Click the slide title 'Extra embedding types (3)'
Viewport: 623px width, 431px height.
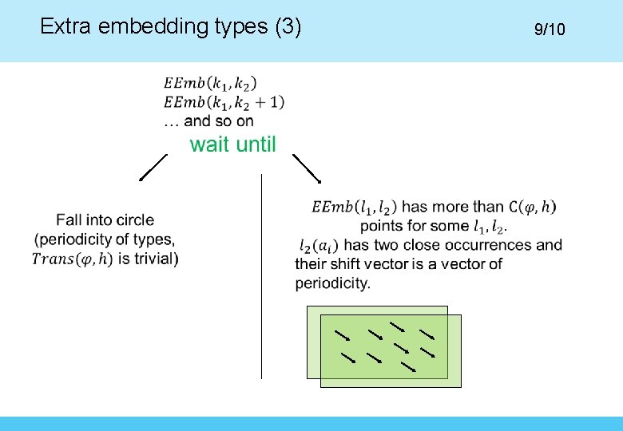[x=170, y=27]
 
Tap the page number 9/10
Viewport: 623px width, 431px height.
[x=550, y=30]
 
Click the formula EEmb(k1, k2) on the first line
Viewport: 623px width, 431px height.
[x=210, y=83]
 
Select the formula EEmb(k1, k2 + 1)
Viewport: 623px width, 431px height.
[x=224, y=102]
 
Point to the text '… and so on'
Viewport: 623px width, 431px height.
[x=208, y=121]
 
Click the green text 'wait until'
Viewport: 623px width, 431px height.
[x=232, y=144]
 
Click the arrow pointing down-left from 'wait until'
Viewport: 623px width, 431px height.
[x=153, y=168]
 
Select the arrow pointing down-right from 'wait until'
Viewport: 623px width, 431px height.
[x=307, y=168]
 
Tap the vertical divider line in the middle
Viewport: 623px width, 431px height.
[x=262, y=275]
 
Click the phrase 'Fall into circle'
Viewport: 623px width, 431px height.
[x=105, y=219]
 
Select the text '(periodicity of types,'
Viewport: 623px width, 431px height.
[x=105, y=239]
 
